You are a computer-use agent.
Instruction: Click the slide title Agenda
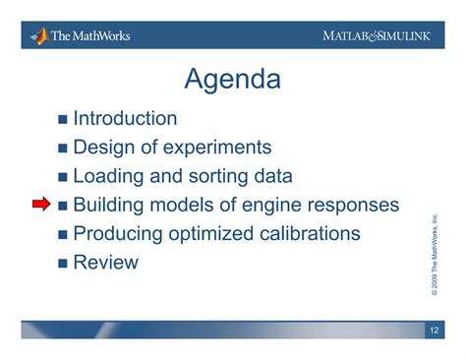coord(232,80)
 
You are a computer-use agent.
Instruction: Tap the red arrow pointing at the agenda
coord(41,204)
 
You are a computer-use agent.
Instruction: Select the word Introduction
coord(125,118)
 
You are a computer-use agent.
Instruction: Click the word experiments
coord(217,148)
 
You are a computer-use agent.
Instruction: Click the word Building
coord(108,205)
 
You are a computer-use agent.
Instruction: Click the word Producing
coord(118,234)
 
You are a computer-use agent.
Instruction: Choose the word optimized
coord(210,234)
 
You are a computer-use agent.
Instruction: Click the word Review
coord(105,263)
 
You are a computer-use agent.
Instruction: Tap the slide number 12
coord(435,330)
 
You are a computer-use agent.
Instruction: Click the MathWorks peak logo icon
coord(40,36)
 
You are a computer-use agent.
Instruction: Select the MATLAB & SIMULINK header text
coord(377,35)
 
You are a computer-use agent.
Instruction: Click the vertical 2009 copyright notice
coord(435,255)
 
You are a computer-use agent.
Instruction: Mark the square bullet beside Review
coord(63,264)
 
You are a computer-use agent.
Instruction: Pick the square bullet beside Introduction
coord(63,119)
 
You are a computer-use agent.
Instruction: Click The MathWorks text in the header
coord(90,35)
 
